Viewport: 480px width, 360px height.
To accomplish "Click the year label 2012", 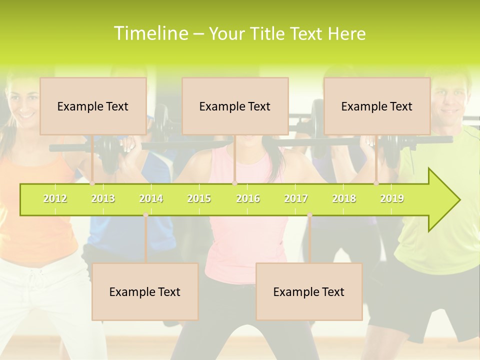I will pyautogui.click(x=55, y=198).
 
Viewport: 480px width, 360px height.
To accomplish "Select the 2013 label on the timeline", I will pyautogui.click(x=103, y=198).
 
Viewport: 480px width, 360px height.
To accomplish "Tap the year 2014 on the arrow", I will pyautogui.click(x=151, y=198).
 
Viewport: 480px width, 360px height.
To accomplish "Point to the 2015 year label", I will pyautogui.click(x=199, y=198).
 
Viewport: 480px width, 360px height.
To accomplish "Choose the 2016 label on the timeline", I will pyautogui.click(x=248, y=198).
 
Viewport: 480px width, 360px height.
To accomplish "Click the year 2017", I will pyautogui.click(x=296, y=198).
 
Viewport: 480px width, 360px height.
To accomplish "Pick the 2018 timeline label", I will pyautogui.click(x=344, y=198).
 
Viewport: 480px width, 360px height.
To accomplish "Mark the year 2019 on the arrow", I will pyautogui.click(x=392, y=198).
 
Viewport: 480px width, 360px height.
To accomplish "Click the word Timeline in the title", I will pyautogui.click(x=150, y=33).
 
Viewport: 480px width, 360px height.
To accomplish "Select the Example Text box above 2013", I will pyautogui.click(x=93, y=106).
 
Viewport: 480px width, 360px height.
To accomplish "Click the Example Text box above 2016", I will pyautogui.click(x=235, y=106).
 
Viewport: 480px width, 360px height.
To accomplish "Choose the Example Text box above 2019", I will pyautogui.click(x=377, y=106).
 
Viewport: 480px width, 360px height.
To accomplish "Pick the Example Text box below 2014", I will pyautogui.click(x=145, y=291).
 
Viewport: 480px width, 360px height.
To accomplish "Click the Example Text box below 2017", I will pyautogui.click(x=309, y=291).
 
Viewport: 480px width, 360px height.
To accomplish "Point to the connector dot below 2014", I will pyautogui.click(x=145, y=215).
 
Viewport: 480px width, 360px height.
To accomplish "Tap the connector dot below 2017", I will pyautogui.click(x=309, y=215).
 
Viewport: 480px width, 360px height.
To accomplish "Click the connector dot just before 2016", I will pyautogui.click(x=235, y=183).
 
